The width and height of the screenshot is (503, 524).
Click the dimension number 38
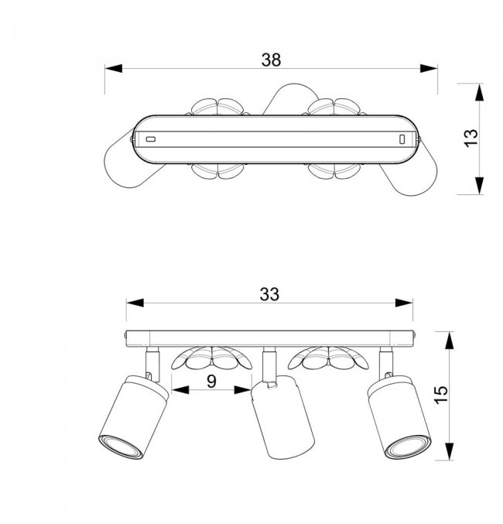tap(270, 59)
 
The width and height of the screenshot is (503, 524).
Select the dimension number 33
tap(269, 294)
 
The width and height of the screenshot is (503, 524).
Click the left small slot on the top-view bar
tap(151, 139)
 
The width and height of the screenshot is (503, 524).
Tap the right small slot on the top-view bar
tap(402, 139)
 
